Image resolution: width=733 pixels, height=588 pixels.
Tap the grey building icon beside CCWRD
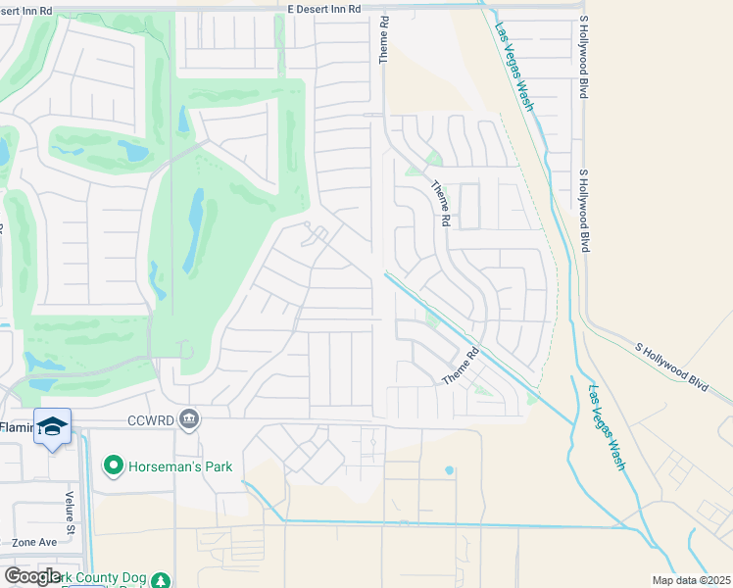(190, 419)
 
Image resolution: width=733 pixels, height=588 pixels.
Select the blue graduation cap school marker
(52, 426)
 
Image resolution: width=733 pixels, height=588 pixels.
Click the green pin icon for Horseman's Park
(115, 465)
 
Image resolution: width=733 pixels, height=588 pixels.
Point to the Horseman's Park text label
(180, 466)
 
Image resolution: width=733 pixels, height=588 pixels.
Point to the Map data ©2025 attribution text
(691, 580)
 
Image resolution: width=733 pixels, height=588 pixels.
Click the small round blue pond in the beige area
(450, 470)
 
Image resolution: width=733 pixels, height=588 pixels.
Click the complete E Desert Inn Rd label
(324, 8)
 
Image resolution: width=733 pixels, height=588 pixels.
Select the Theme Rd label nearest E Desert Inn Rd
(384, 40)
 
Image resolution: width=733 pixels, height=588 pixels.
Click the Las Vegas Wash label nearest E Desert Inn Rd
(514, 66)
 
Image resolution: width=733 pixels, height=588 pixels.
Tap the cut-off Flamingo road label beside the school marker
(17, 426)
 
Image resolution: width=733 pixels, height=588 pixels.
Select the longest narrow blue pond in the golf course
(194, 230)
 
